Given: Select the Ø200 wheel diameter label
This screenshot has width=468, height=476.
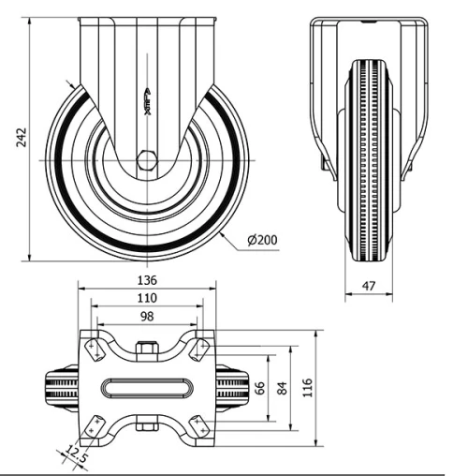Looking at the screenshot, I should point(262,241).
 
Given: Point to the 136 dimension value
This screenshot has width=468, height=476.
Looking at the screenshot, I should point(146,279).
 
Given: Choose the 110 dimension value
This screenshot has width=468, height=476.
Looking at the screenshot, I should point(146,297).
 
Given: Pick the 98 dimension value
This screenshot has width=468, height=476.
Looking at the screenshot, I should point(146,317).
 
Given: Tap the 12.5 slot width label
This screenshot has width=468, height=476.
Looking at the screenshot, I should point(75,457).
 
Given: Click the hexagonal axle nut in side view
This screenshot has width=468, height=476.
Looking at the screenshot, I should point(146,160).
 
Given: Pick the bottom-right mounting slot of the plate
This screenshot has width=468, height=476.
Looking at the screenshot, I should point(197,426).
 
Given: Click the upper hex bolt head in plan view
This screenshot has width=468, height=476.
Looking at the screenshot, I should point(146,350).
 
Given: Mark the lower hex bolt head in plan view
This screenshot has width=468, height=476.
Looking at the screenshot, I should point(146,428).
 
